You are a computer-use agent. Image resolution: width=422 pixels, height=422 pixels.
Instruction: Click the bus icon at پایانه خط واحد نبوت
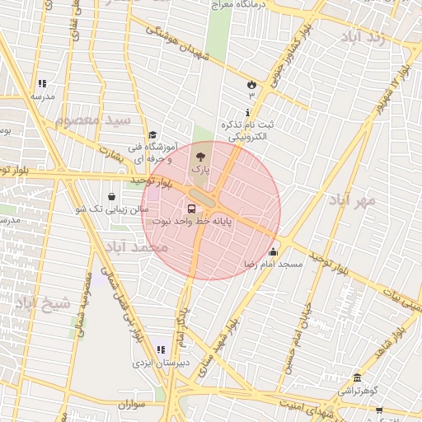(x=192, y=209)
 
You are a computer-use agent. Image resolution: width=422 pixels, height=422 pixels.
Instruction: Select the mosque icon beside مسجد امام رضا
(x=273, y=252)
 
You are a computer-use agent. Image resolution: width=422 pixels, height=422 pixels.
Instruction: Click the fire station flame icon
(x=251, y=84)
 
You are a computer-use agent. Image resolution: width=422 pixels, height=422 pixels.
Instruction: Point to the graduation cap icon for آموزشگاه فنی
(x=152, y=135)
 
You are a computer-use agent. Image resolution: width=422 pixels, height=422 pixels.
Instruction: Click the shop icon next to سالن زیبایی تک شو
(x=111, y=197)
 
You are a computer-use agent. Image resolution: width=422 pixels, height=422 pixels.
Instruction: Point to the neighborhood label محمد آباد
(x=137, y=246)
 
